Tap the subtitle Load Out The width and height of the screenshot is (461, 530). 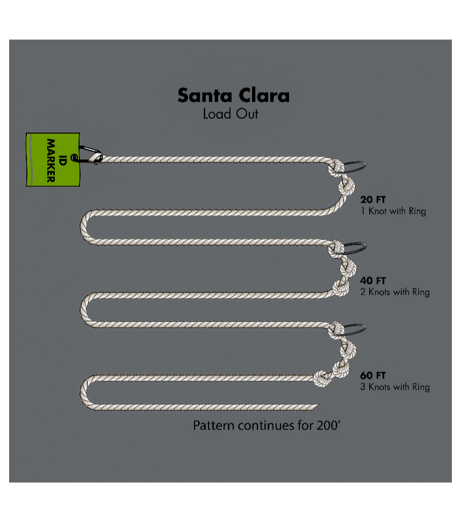coord(230,114)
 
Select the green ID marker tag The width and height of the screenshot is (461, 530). coord(53,159)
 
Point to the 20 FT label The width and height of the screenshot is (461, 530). coord(373,200)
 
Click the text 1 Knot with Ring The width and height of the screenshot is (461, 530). coord(393,211)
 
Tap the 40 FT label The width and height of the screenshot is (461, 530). coord(373,281)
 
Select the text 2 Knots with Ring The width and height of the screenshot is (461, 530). coord(395,292)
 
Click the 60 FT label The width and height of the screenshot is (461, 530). coord(373,376)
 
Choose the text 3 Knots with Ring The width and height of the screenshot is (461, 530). coord(395,387)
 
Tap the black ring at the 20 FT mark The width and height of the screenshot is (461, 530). coord(355,166)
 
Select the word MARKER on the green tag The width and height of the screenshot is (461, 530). coord(51,160)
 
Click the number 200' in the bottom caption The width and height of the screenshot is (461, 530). coord(328,426)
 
